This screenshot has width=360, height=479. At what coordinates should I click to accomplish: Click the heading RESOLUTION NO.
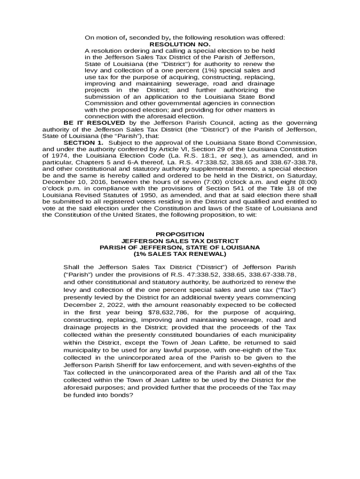point(180,44)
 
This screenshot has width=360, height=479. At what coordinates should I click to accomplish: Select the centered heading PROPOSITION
point(180,234)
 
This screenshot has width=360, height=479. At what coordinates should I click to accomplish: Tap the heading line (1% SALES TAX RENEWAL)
point(180,254)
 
